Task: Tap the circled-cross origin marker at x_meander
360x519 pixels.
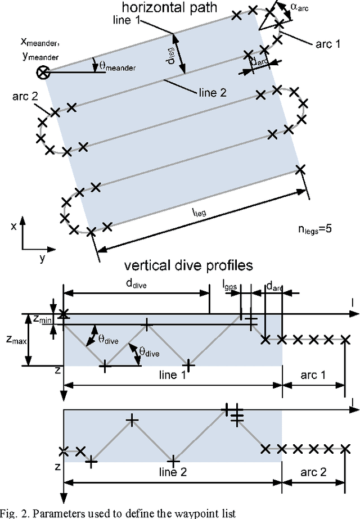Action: click(42, 72)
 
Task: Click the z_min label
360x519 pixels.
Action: click(40, 319)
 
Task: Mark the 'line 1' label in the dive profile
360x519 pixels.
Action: click(171, 376)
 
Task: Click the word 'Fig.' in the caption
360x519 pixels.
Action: click(10, 512)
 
